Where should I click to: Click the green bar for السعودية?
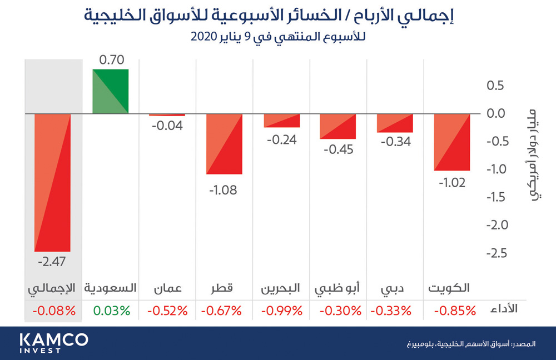(111, 92)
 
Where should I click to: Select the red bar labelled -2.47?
(53, 182)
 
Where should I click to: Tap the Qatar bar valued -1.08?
(224, 144)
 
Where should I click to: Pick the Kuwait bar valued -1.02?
(452, 142)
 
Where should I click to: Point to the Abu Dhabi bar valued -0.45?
(337, 127)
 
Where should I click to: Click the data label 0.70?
(111, 59)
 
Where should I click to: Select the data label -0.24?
(281, 139)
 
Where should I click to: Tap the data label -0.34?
(395, 142)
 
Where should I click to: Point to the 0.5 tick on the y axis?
(497, 86)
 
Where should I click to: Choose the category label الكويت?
(449, 288)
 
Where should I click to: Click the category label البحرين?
(281, 288)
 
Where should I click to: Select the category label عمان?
(167, 288)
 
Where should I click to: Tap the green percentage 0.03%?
(111, 311)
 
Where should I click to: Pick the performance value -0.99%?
(281, 311)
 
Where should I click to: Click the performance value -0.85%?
(451, 311)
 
